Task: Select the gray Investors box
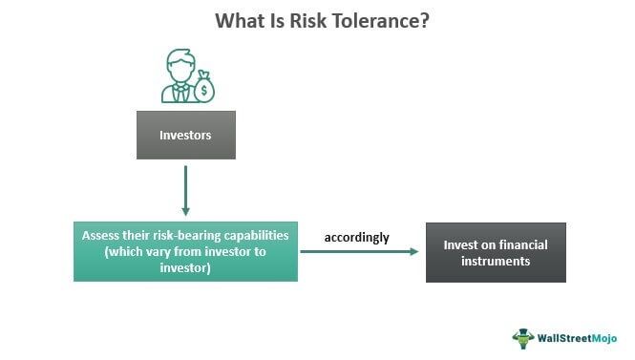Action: pyautogui.click(x=185, y=136)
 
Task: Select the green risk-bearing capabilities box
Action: pyautogui.click(x=185, y=251)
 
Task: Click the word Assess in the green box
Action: pyautogui.click(x=101, y=235)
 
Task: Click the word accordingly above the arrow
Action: pyautogui.click(x=357, y=237)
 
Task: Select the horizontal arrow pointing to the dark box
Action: pyautogui.click(x=360, y=252)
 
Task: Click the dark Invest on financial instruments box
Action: pyautogui.click(x=495, y=252)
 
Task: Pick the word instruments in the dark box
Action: pyautogui.click(x=495, y=261)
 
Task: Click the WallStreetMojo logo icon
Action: pyautogui.click(x=522, y=338)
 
